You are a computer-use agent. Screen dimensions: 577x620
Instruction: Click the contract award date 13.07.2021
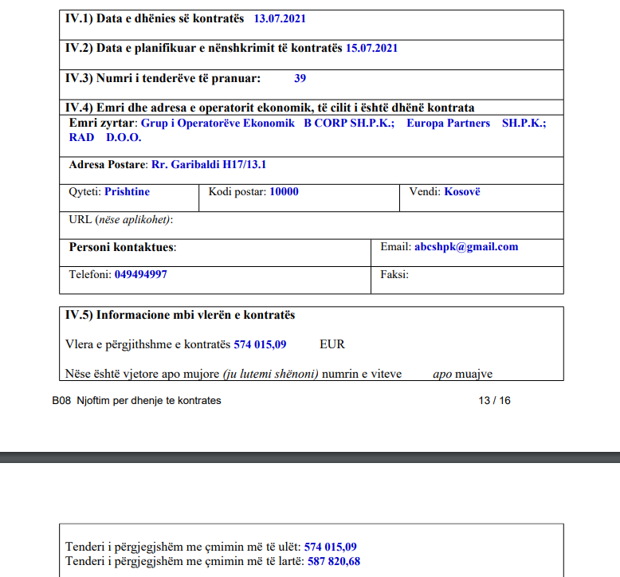280,18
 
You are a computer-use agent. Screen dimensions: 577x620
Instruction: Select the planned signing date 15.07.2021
371,48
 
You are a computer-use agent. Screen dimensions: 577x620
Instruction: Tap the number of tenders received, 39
300,78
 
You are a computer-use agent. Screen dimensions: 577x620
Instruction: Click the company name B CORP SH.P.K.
349,124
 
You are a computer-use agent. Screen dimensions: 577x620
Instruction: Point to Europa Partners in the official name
448,124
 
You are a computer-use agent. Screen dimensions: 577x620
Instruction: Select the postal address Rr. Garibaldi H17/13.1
209,165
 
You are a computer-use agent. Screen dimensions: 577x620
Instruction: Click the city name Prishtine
127,192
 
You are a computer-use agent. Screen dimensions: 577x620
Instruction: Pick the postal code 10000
284,192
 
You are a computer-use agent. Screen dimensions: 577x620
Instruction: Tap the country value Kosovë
462,192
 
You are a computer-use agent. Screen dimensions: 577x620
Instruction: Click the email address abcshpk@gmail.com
466,247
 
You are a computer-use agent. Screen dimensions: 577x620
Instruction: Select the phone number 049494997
141,274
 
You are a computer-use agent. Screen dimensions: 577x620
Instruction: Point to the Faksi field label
394,274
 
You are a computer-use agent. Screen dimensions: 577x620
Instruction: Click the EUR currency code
332,344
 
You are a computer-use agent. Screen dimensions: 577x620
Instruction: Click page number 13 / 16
494,400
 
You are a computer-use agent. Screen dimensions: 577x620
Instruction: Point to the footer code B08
62,400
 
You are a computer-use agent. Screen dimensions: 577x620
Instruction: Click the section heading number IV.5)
79,315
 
